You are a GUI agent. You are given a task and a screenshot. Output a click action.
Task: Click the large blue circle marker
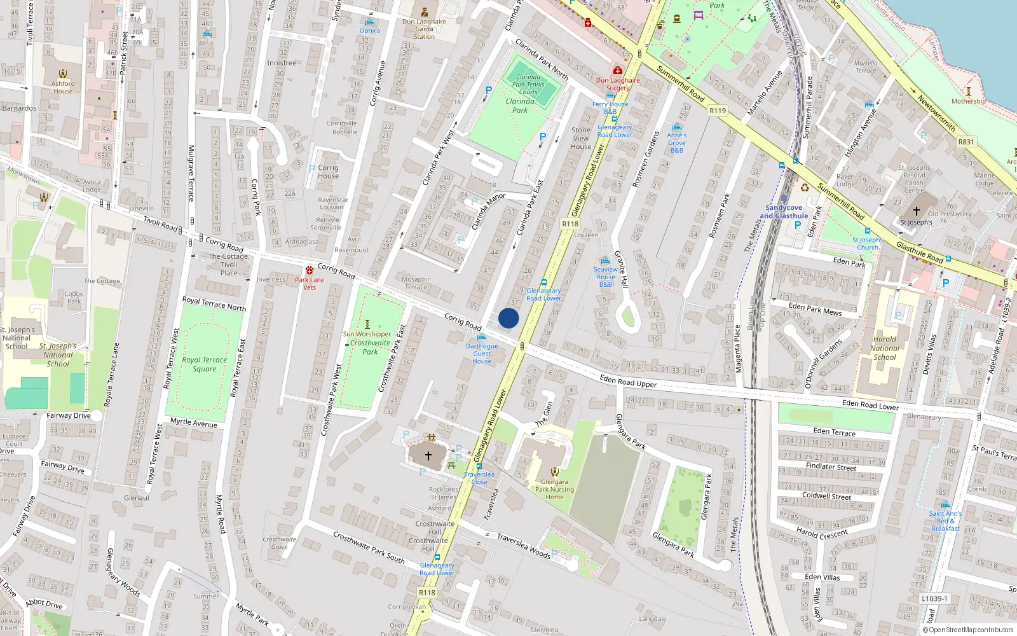pyautogui.click(x=508, y=318)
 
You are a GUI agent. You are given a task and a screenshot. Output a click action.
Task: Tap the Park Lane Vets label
pyautogui.click(x=310, y=283)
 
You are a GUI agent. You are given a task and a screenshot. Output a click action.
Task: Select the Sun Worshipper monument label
pyautogui.click(x=367, y=334)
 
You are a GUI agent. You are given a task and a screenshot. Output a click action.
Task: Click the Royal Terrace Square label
pyautogui.click(x=204, y=364)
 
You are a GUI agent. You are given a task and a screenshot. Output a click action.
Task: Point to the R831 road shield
pyautogui.click(x=966, y=142)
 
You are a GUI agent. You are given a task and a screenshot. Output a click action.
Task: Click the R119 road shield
pyautogui.click(x=718, y=111)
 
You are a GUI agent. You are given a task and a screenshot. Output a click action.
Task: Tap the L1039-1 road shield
pyautogui.click(x=934, y=598)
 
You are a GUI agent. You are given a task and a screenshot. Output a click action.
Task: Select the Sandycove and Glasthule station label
pyautogui.click(x=784, y=212)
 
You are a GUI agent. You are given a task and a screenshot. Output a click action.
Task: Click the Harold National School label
pyautogui.click(x=884, y=348)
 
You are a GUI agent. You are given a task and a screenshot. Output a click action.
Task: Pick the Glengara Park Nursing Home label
pyautogui.click(x=554, y=489)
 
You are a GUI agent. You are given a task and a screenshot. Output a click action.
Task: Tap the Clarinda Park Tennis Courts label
pyautogui.click(x=528, y=84)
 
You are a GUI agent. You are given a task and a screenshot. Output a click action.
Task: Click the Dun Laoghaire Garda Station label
pyautogui.click(x=424, y=29)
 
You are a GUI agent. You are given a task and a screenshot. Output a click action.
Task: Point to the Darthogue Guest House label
pyautogui.click(x=482, y=354)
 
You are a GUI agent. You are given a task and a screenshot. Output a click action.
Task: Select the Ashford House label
pyautogui.click(x=63, y=87)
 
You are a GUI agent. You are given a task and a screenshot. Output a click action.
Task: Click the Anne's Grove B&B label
pyautogui.click(x=677, y=142)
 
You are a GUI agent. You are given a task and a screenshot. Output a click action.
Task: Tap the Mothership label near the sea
pyautogui.click(x=968, y=101)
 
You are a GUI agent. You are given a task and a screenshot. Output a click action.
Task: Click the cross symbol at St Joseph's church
pyautogui.click(x=916, y=211)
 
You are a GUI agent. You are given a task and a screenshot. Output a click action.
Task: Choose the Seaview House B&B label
pyautogui.click(x=605, y=277)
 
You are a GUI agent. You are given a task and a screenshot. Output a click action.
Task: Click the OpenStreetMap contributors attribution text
pyautogui.click(x=971, y=630)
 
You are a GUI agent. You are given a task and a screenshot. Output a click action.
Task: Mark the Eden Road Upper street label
pyautogui.click(x=628, y=382)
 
